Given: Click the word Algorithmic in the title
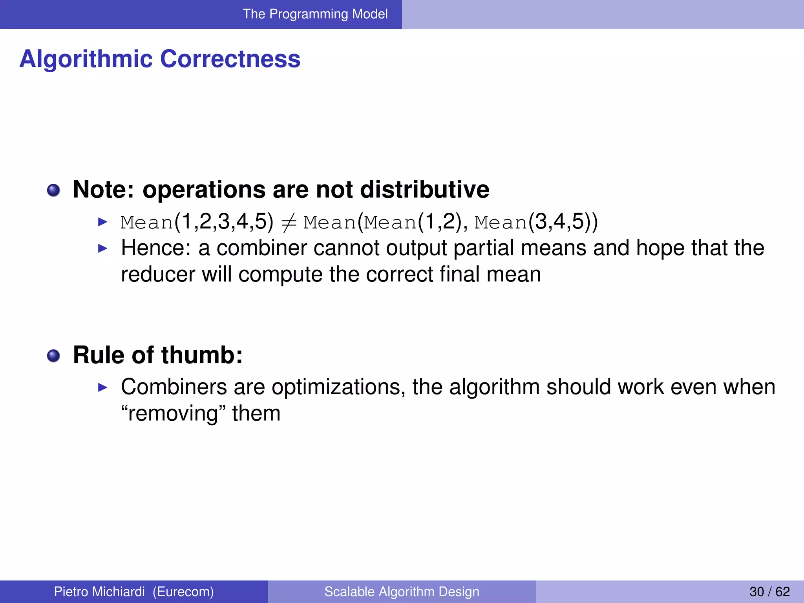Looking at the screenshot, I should (86, 60).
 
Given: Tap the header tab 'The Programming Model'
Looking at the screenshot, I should (315, 14).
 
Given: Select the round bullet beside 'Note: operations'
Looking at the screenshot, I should (53, 191).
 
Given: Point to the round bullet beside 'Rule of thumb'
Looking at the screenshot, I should (53, 356).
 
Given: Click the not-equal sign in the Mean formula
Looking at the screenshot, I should (289, 223).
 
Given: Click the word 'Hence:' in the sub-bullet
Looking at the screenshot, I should (156, 248).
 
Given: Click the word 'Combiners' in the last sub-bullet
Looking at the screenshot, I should (174, 387).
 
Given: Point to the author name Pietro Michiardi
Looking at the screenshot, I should (99, 592).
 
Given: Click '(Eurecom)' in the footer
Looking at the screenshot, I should (183, 592).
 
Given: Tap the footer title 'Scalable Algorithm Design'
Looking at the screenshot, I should (402, 592).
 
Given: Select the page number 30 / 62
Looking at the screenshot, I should (769, 592).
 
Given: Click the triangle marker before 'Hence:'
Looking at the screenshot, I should (102, 249).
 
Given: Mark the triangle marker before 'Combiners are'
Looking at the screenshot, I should (102, 388).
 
